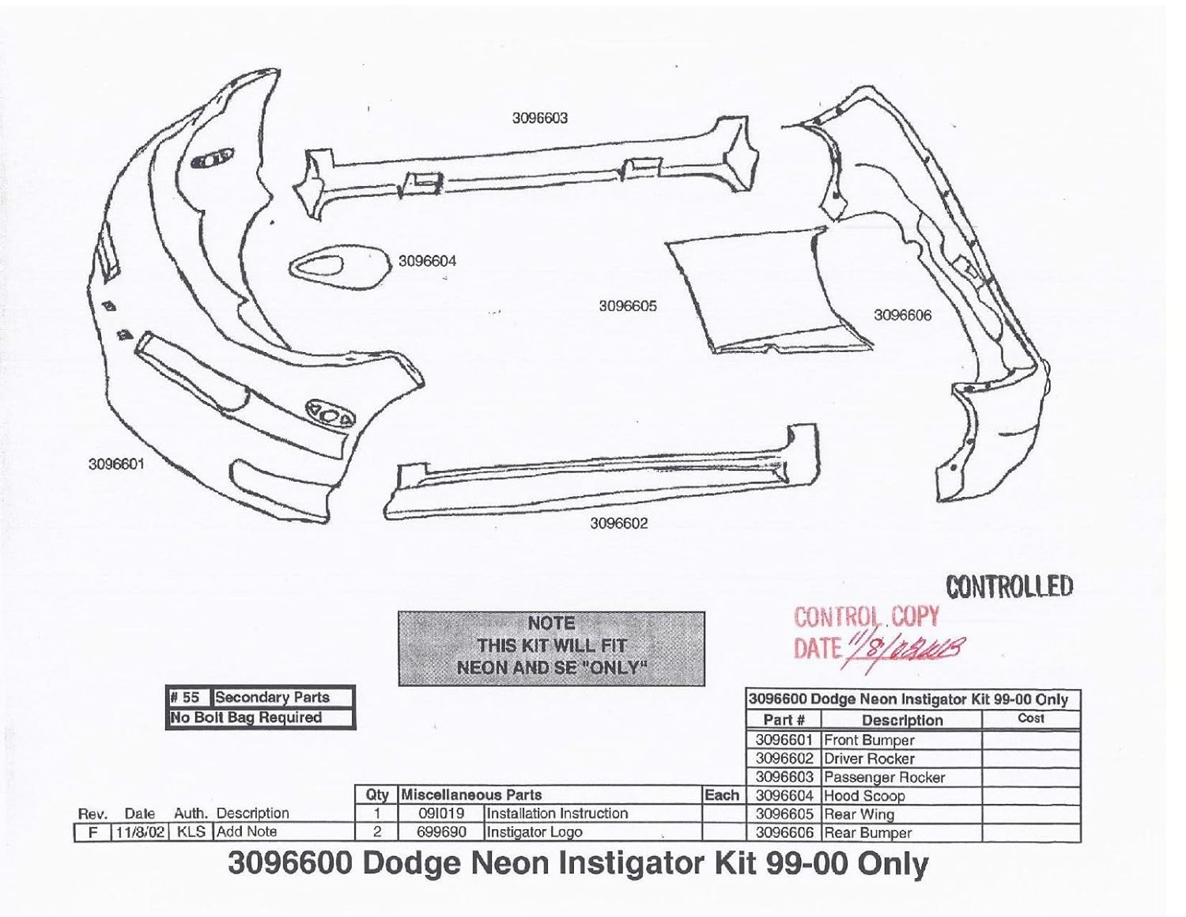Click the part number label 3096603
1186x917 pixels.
pyautogui.click(x=539, y=119)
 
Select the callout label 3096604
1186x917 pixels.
pyautogui.click(x=427, y=261)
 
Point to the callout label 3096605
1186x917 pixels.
pyautogui.click(x=628, y=306)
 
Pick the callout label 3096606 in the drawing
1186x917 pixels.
pyautogui.click(x=902, y=315)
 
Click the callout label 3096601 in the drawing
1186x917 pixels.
pyautogui.click(x=116, y=464)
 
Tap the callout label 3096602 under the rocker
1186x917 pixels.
pyautogui.click(x=619, y=523)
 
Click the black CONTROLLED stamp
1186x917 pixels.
pyautogui.click(x=1009, y=586)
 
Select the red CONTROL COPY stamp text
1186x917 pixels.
pyautogui.click(x=867, y=617)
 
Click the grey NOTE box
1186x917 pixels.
pyautogui.click(x=551, y=647)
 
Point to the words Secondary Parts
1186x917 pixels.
pyautogui.click(x=272, y=698)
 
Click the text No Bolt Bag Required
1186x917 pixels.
pyautogui.click(x=247, y=718)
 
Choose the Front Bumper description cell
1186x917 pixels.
pyautogui.click(x=869, y=741)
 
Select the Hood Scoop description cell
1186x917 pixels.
pyautogui.click(x=864, y=796)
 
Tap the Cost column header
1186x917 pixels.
pyautogui.click(x=1031, y=718)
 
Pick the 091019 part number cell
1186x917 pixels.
pyautogui.click(x=440, y=813)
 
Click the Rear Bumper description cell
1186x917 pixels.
pyautogui.click(x=867, y=833)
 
